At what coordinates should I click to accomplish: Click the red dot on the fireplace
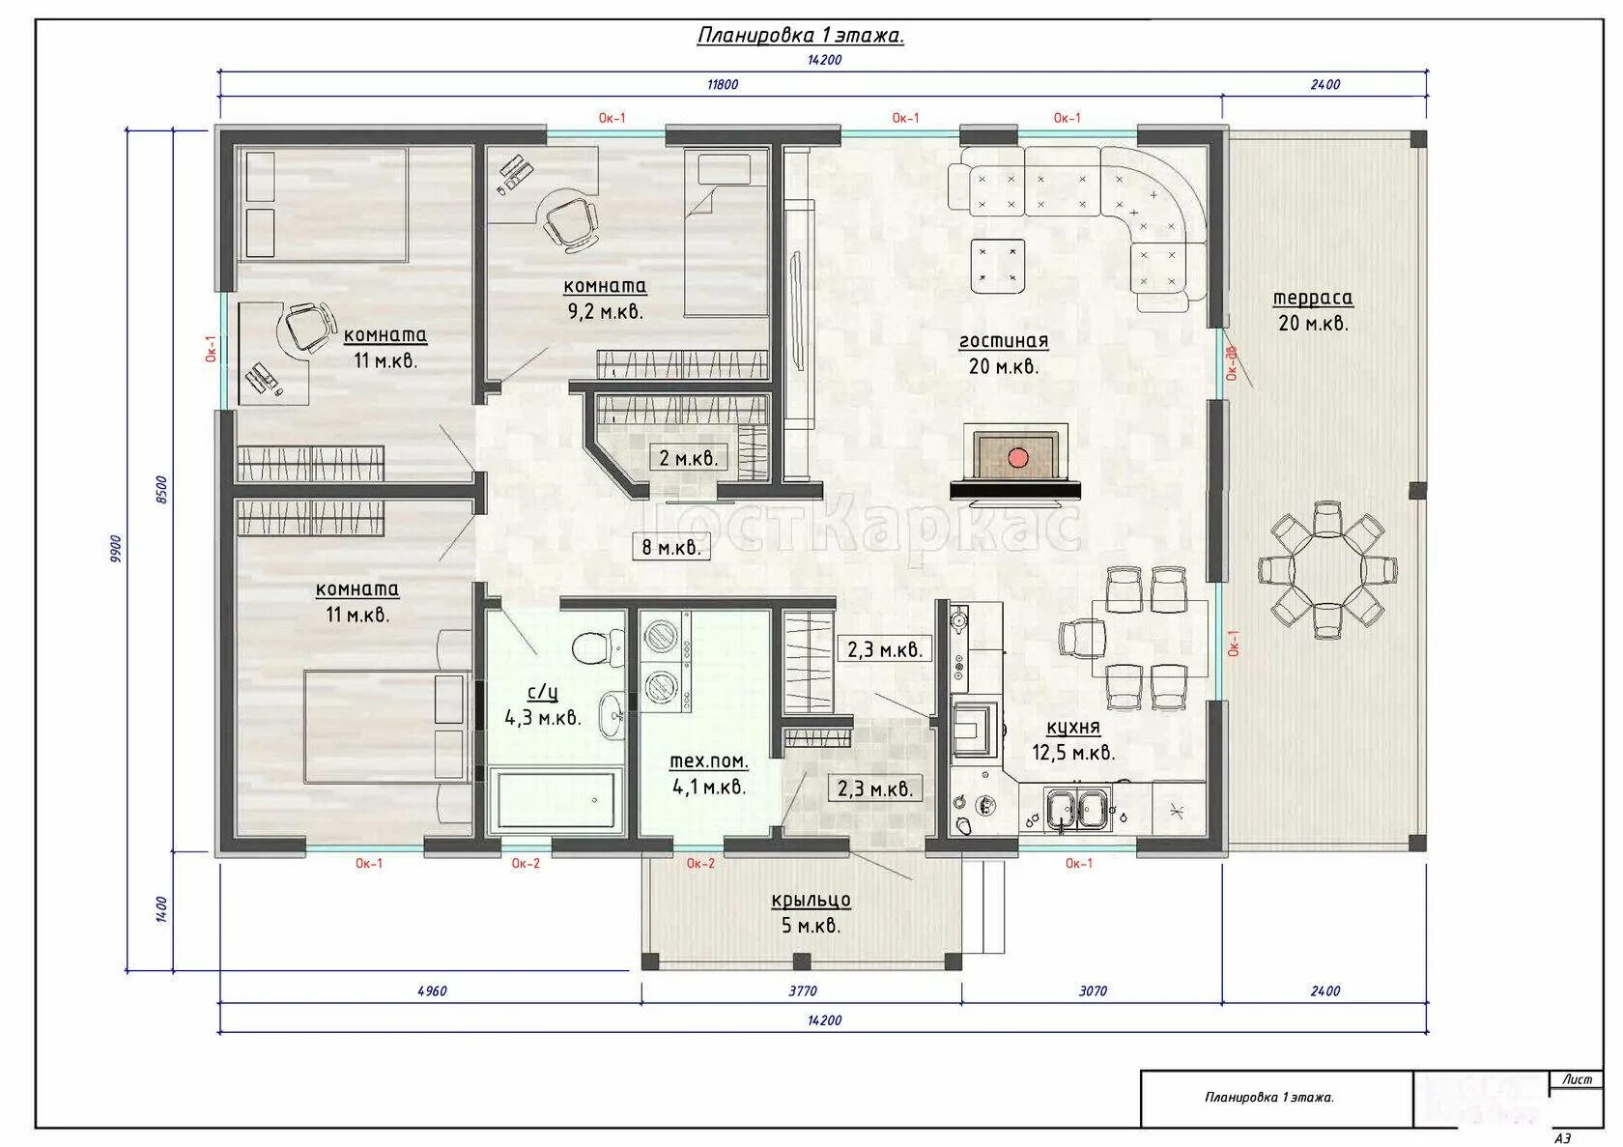pos(1017,457)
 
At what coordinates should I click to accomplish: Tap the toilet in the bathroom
pos(597,647)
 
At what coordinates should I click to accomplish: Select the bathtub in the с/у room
pos(556,799)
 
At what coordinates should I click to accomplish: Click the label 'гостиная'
pos(1004,341)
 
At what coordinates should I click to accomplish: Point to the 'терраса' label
pos(1312,298)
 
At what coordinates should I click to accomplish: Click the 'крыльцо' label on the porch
pos(811,900)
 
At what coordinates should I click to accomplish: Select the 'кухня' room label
pos(1073,728)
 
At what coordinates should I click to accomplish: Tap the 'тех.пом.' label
pos(709,761)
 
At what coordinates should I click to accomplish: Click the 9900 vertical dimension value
pos(117,549)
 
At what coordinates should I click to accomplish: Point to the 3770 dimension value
pos(803,990)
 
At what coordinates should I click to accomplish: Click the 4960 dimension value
pos(432,990)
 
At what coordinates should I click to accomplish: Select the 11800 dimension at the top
pos(723,85)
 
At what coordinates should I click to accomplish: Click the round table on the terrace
pos(1328,569)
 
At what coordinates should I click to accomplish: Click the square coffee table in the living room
pos(997,266)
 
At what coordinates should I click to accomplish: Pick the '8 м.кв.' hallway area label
pos(671,547)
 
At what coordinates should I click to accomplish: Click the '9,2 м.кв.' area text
pos(606,311)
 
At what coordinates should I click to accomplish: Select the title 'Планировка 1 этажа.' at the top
pos(801,35)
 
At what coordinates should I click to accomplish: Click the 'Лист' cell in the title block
pos(1577,1079)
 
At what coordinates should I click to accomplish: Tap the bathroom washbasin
pos(612,715)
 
